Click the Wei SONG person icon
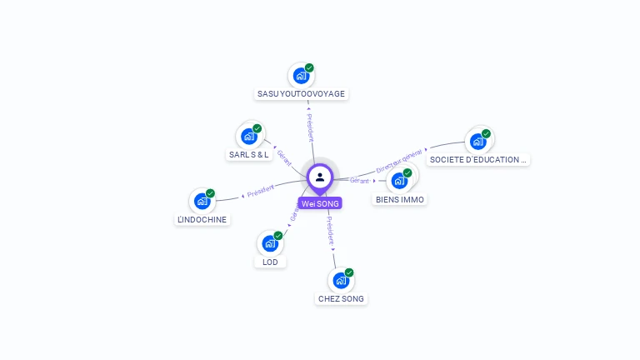tap(320, 177)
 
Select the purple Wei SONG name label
tap(320, 203)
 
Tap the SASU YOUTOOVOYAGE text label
tap(301, 94)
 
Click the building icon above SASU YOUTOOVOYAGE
tap(301, 75)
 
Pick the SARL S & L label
tap(248, 155)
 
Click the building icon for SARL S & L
tap(248, 136)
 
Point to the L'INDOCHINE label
tap(202, 220)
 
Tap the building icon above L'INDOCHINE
tap(202, 201)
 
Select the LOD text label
tap(270, 262)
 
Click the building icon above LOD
tap(270, 243)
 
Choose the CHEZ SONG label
tap(341, 298)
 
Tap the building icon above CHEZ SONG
tap(341, 280)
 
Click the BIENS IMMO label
tap(399, 200)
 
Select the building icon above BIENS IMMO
tap(399, 180)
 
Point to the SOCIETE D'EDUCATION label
tap(478, 159)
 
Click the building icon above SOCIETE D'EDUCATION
tap(478, 141)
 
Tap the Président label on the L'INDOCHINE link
tap(260, 191)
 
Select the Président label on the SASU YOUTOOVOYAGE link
tap(310, 126)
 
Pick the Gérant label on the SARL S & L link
tap(284, 157)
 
